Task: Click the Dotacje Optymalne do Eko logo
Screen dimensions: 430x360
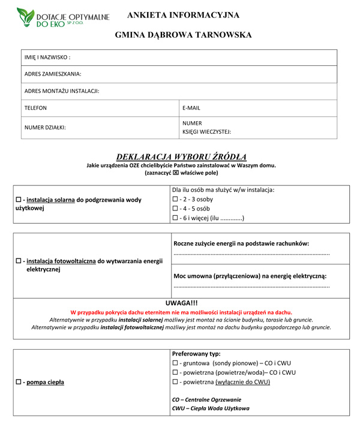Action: point(63,17)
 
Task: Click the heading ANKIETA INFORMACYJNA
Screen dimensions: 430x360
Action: point(183,15)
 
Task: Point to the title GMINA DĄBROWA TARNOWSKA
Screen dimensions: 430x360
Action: point(183,35)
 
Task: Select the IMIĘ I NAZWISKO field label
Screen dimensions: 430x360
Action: point(47,58)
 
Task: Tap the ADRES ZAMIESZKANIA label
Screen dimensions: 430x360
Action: point(53,74)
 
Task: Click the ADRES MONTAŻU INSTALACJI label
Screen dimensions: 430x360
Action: point(61,91)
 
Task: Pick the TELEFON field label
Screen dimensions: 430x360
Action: point(35,108)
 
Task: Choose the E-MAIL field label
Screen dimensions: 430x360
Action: point(191,108)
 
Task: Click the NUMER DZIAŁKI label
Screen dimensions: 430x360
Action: point(45,127)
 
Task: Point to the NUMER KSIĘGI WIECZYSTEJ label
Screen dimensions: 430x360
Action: point(207,127)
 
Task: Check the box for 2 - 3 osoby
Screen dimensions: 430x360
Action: point(175,200)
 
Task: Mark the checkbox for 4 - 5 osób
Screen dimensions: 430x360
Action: point(175,209)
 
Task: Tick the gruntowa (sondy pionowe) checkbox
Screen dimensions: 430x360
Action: point(175,363)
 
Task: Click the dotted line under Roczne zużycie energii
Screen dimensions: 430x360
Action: point(251,254)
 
